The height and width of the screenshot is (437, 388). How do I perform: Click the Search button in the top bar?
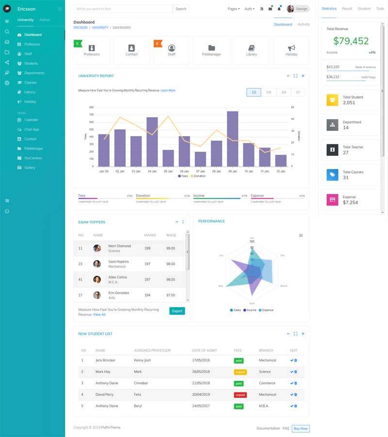pyautogui.click(x=181, y=9)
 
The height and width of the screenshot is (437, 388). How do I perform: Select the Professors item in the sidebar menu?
pyautogui.click(x=32, y=44)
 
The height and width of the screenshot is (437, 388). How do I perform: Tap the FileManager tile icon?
pyautogui.click(x=211, y=48)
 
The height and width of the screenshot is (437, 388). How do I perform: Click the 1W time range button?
pyautogui.click(x=269, y=92)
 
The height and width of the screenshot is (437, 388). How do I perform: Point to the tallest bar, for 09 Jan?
pyautogui.click(x=232, y=139)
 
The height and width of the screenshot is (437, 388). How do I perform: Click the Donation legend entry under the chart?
pyautogui.click(x=198, y=176)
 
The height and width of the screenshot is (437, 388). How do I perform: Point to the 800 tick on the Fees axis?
pyautogui.click(x=91, y=108)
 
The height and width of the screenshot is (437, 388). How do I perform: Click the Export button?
pyautogui.click(x=177, y=311)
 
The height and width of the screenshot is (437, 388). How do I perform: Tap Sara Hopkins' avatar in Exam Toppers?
pyautogui.click(x=97, y=264)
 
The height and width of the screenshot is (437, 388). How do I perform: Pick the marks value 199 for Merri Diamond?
pyautogui.click(x=147, y=248)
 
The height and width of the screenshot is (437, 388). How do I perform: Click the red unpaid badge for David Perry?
pyautogui.click(x=240, y=395)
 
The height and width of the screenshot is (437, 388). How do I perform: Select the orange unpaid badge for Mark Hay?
pyautogui.click(x=240, y=372)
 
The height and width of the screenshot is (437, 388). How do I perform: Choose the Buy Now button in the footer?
pyautogui.click(x=301, y=428)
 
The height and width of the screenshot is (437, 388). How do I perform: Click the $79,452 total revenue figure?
pyautogui.click(x=351, y=41)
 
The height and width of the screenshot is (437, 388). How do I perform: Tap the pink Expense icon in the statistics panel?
pyautogui.click(x=332, y=200)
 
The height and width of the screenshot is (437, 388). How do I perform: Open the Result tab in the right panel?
pyautogui.click(x=347, y=9)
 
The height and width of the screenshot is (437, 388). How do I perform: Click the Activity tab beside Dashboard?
pyautogui.click(x=304, y=24)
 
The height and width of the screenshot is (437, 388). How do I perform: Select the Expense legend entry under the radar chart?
pyautogui.click(x=266, y=310)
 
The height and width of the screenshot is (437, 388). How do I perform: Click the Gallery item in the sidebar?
pyautogui.click(x=30, y=168)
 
